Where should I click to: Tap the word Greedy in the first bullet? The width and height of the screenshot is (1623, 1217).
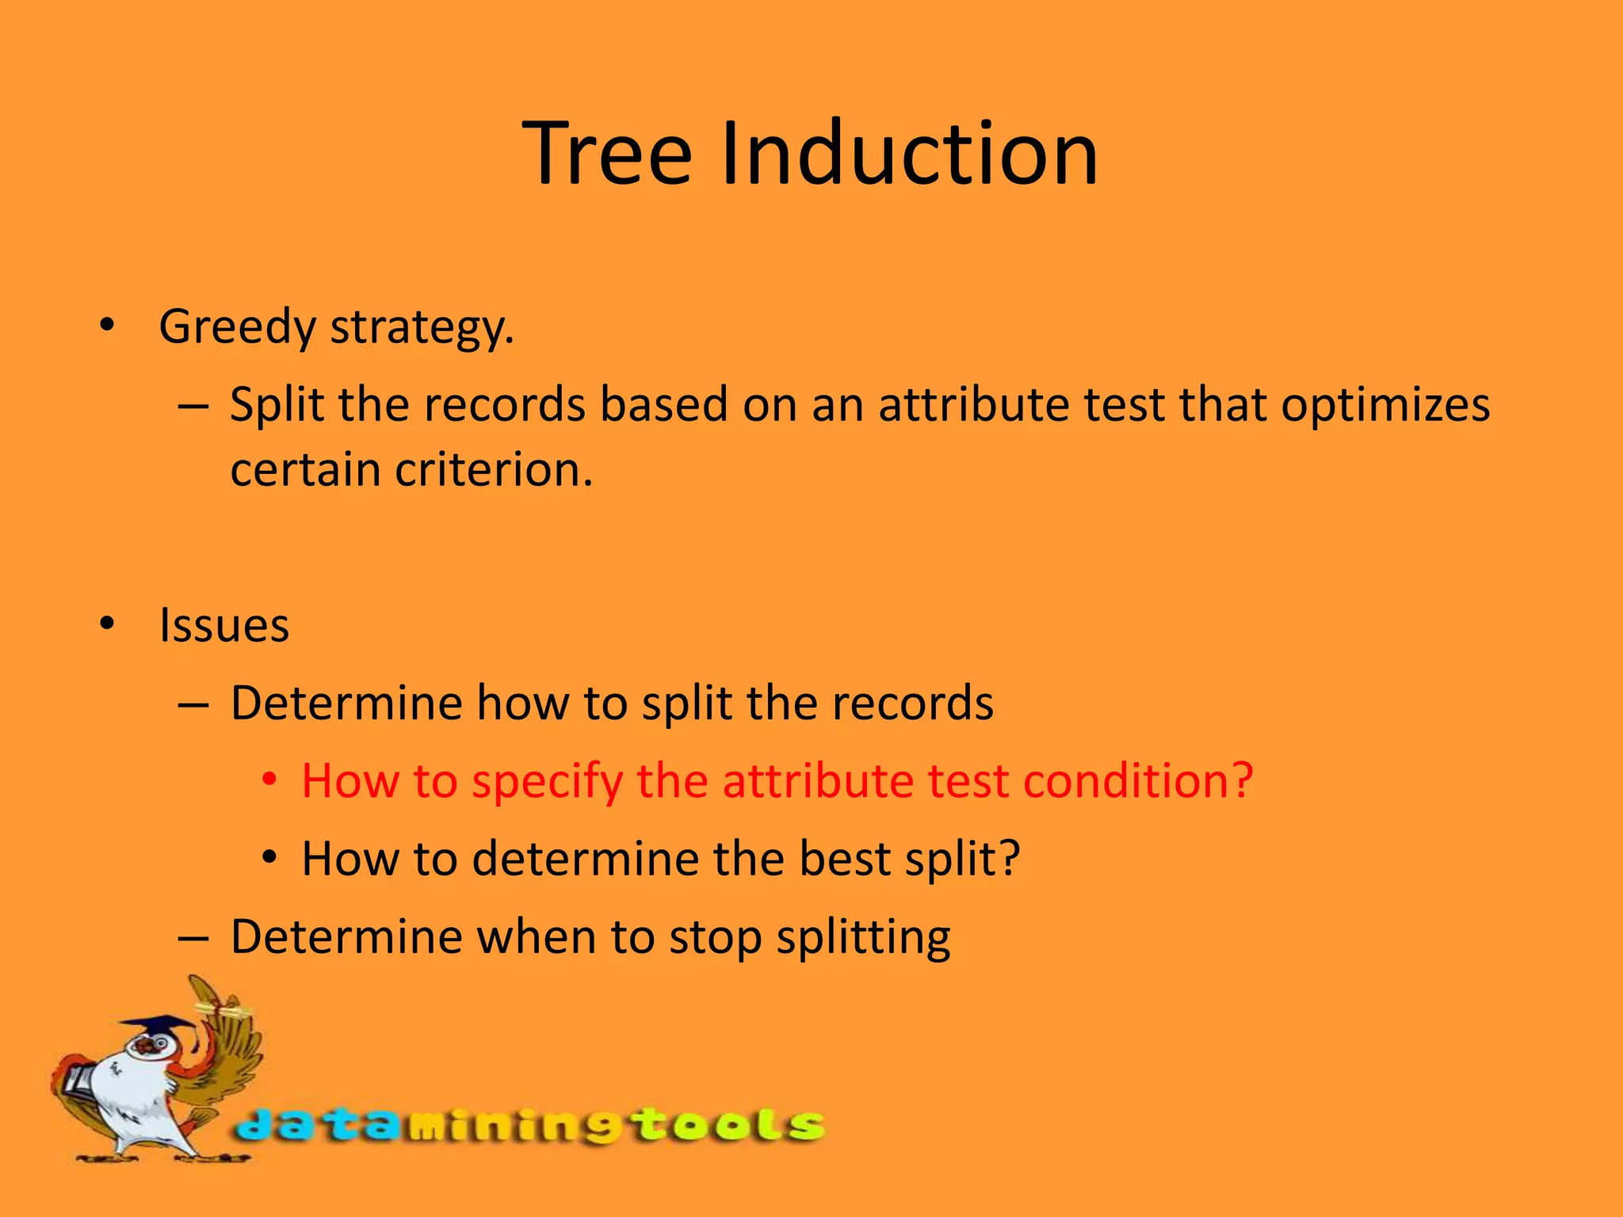(238, 327)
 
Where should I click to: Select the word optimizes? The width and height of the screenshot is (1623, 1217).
(1385, 406)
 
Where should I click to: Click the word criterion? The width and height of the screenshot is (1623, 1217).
(494, 471)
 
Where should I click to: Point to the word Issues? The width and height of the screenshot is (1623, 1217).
(224, 626)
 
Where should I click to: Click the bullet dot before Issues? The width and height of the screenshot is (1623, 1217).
(107, 624)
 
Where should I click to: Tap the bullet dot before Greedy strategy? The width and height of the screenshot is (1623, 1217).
(107, 326)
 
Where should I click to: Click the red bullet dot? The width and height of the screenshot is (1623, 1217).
(270, 780)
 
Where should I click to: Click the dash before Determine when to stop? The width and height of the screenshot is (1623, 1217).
(193, 938)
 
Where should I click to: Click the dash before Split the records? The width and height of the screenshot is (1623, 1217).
(193, 406)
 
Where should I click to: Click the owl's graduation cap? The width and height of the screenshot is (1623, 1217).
(162, 1027)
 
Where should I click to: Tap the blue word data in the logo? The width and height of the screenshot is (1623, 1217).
(317, 1126)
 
